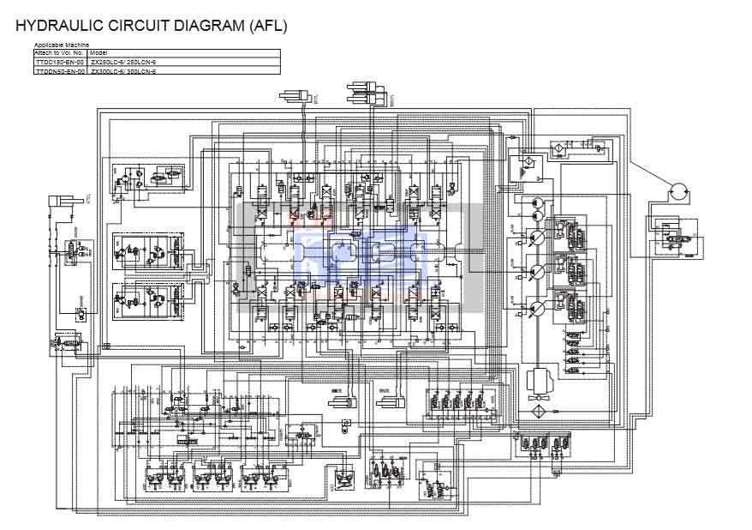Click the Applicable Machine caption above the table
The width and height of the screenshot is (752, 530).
61,45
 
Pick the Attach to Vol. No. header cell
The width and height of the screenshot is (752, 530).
59,53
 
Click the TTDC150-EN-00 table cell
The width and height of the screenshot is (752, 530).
59,63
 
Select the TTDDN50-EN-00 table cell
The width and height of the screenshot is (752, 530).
59,72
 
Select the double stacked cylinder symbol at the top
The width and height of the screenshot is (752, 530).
368,89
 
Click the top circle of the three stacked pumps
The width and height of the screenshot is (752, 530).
537,238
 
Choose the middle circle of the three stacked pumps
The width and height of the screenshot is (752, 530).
537,272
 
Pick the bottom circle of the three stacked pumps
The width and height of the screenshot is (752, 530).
537,308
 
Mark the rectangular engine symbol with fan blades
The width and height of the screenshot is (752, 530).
541,378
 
